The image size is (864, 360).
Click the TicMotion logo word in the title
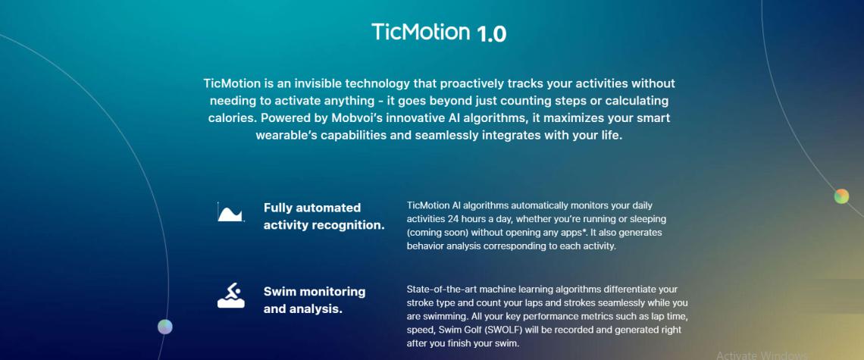click(420, 32)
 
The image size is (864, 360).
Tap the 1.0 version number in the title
click(492, 33)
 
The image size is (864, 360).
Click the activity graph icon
click(230, 212)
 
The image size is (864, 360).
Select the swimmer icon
click(231, 296)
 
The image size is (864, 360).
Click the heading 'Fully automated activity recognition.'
click(324, 217)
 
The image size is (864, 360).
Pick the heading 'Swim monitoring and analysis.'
click(314, 300)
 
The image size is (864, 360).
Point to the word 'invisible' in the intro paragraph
click(318, 84)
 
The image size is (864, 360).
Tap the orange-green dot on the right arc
click(841, 196)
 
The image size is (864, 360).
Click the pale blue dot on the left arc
click(164, 327)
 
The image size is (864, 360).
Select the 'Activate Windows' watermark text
click(762, 355)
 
